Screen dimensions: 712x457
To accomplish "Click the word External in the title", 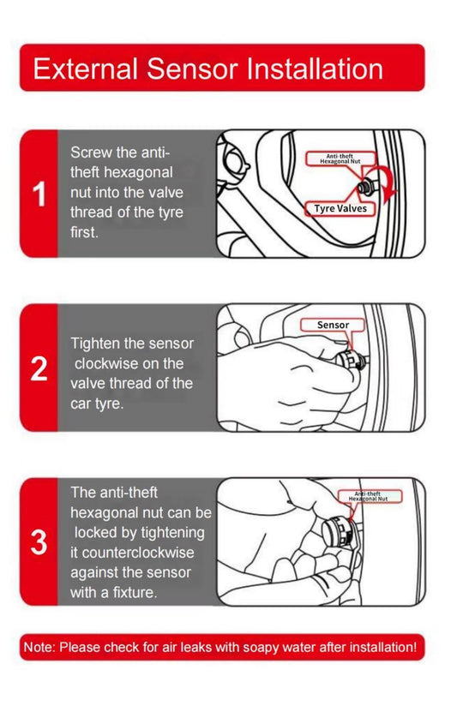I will pyautogui.click(x=85, y=69).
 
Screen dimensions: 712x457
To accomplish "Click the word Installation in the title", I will pyautogui.click(x=314, y=69).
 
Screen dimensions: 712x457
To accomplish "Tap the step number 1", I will pyautogui.click(x=39, y=194).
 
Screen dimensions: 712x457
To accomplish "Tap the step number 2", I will pyautogui.click(x=39, y=369).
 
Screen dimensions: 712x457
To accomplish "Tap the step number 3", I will pyautogui.click(x=39, y=543).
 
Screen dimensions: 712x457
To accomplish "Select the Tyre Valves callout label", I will pyautogui.click(x=340, y=208).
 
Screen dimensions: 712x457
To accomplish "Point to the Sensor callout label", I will pyautogui.click(x=333, y=325).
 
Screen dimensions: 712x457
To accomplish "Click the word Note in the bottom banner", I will pyautogui.click(x=39, y=648).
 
